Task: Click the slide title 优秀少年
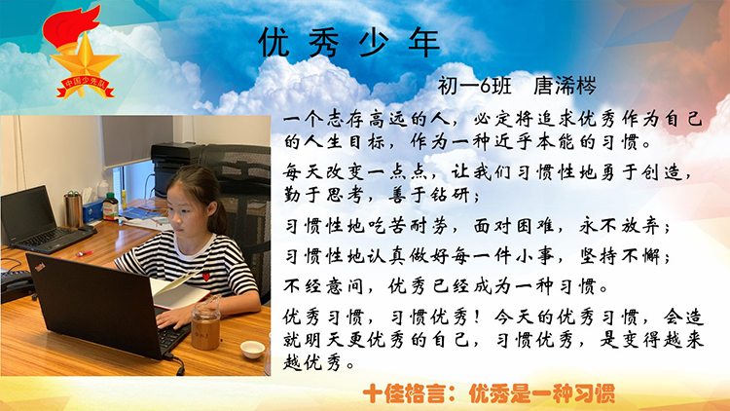[x=348, y=43]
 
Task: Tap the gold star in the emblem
[x=85, y=61]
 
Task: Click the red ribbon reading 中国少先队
[x=86, y=87]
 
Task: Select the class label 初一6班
[x=474, y=86]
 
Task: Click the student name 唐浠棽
[x=565, y=86]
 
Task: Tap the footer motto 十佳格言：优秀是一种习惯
[x=489, y=393]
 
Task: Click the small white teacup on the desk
[x=252, y=350]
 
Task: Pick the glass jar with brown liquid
[x=205, y=323]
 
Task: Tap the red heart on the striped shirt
[x=206, y=277]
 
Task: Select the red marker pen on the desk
[x=85, y=254]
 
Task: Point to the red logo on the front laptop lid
[x=41, y=267]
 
